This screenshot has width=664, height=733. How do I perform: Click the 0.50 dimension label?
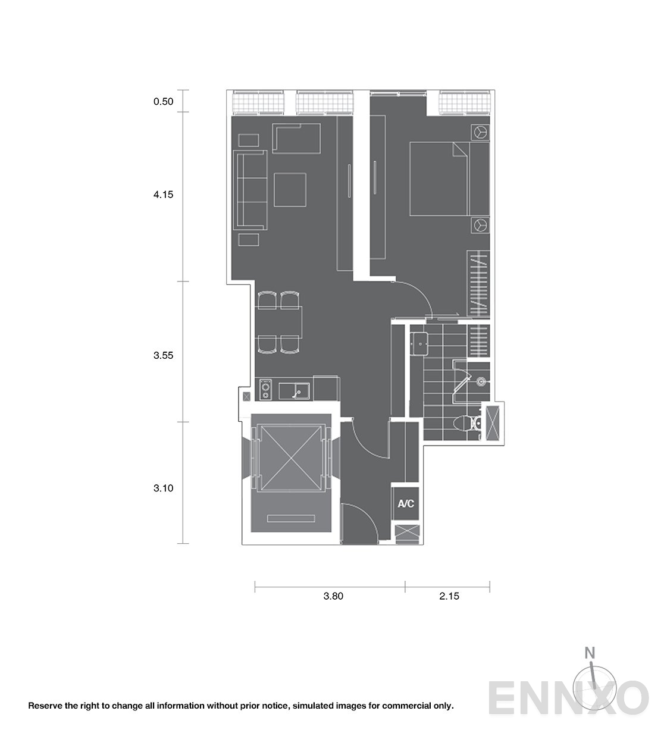click(163, 102)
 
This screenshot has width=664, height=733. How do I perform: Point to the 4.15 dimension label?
click(163, 195)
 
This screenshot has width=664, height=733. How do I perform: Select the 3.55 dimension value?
click(163, 356)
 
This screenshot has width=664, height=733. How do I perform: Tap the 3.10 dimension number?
click(163, 488)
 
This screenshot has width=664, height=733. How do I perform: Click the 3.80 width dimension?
click(333, 596)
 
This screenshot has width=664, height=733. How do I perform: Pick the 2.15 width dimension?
click(449, 596)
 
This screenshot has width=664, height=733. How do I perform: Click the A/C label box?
click(405, 504)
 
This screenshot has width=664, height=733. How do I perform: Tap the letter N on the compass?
click(590, 653)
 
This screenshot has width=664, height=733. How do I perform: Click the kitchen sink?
click(294, 391)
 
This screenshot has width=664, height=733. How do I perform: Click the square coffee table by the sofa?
click(290, 190)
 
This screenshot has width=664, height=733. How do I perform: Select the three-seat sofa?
click(250, 190)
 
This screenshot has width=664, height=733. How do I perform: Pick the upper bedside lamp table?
click(480, 132)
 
